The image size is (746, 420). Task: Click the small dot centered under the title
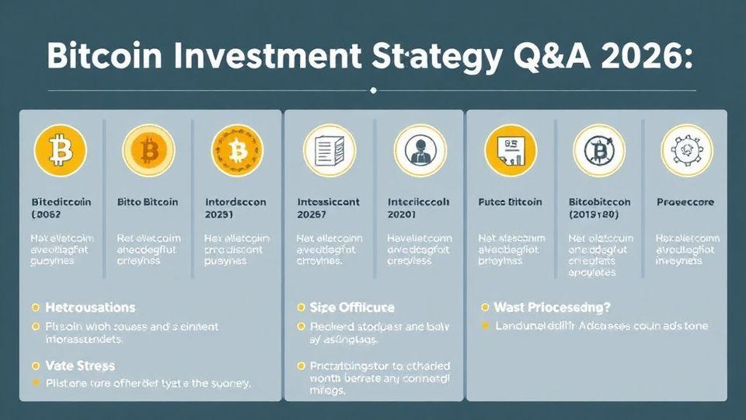(x=374, y=90)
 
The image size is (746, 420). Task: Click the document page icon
(x=329, y=150)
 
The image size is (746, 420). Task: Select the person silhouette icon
(x=420, y=150)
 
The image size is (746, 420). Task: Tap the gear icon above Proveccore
(x=686, y=150)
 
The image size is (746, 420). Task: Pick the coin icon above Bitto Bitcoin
(x=148, y=150)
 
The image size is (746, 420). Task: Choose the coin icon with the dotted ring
(x=237, y=150)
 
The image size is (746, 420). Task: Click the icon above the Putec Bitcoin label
(x=510, y=150)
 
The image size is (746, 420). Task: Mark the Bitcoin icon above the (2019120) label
(x=598, y=150)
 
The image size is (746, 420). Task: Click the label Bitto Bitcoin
(x=148, y=201)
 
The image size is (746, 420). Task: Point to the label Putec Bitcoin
(x=510, y=201)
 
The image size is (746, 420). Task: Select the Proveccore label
(x=685, y=201)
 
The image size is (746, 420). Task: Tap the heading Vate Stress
(x=80, y=366)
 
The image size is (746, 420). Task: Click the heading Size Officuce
(x=351, y=307)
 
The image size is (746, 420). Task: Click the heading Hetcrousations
(x=90, y=307)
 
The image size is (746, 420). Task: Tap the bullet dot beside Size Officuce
(x=302, y=308)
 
